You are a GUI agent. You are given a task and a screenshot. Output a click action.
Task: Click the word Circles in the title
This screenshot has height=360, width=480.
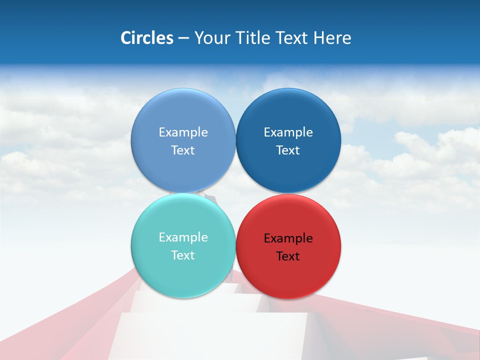click(x=146, y=38)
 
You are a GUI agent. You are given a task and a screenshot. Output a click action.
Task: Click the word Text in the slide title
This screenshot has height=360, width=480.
click(x=291, y=38)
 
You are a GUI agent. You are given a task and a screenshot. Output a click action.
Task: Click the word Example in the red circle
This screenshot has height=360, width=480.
click(x=288, y=238)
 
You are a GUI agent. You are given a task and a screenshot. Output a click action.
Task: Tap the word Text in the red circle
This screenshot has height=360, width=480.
click(x=288, y=256)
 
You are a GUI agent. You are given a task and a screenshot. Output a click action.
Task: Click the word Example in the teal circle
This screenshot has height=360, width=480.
click(x=183, y=237)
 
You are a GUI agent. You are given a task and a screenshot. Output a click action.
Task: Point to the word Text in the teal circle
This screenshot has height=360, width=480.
click(x=183, y=255)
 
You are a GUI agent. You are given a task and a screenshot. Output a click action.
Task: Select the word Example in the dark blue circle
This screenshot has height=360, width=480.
click(x=288, y=132)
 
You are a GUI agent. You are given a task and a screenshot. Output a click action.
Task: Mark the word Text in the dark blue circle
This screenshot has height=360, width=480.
click(x=288, y=150)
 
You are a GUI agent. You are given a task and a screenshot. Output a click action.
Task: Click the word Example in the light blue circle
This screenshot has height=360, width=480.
click(x=183, y=132)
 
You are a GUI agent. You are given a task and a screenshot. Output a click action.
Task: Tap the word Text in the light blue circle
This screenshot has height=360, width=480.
click(x=183, y=150)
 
